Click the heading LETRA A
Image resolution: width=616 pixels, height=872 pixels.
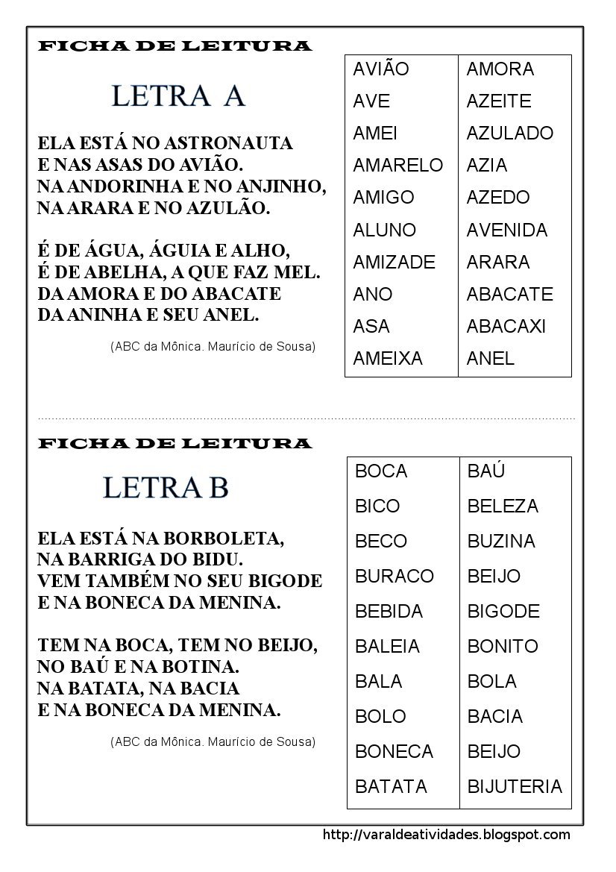[x=178, y=96]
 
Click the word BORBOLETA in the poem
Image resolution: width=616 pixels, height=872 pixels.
[x=223, y=537]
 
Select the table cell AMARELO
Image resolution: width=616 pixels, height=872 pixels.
[x=397, y=165]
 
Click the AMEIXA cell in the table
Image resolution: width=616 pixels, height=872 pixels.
[x=388, y=358]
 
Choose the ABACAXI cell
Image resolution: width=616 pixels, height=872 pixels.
[x=506, y=326]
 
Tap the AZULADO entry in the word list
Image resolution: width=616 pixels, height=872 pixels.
[x=510, y=133]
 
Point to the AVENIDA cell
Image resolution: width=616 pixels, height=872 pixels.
[x=507, y=230]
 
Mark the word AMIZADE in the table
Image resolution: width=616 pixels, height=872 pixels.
[x=394, y=262]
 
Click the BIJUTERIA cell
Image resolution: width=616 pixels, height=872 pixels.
[x=515, y=786]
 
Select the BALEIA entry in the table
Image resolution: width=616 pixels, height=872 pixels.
[x=388, y=646]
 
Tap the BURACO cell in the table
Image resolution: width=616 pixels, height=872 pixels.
[x=395, y=576]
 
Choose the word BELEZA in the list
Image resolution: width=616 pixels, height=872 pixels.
[x=503, y=506]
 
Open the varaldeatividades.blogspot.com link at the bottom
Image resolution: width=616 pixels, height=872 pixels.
[x=446, y=835]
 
